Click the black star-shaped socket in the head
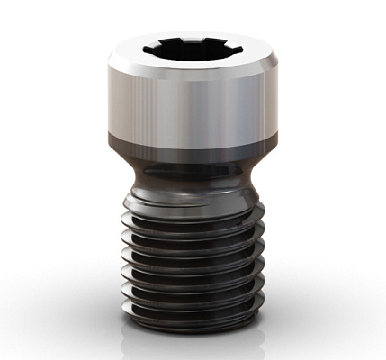192,50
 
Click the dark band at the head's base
192,144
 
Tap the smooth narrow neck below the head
192,175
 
